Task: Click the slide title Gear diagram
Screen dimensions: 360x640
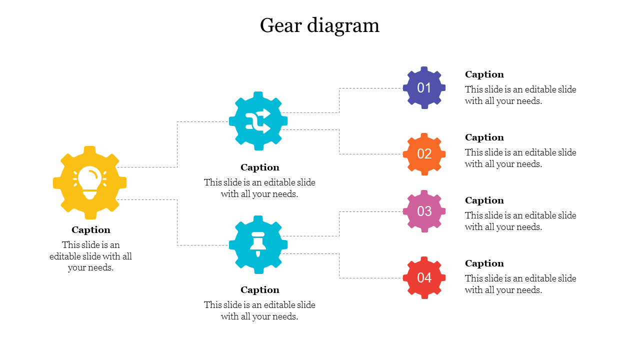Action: [x=319, y=25]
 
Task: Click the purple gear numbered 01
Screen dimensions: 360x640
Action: [x=424, y=88]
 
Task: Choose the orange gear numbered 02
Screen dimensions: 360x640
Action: [x=424, y=154]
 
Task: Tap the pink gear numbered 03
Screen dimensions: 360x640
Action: [x=424, y=211]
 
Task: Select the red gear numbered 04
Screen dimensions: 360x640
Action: [x=424, y=277]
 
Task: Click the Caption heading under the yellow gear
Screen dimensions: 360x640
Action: [x=90, y=230]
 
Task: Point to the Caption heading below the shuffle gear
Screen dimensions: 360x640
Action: [x=259, y=167]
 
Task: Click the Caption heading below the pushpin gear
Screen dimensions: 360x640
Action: [x=259, y=290]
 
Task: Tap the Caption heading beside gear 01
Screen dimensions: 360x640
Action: [x=484, y=74]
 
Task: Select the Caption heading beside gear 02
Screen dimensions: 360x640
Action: [x=484, y=137]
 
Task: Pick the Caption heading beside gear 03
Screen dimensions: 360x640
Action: [x=484, y=200]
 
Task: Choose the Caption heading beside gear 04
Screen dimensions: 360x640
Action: [x=484, y=263]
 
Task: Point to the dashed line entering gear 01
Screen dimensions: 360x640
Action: [x=370, y=88]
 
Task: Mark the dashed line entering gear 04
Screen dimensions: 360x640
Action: [x=370, y=277]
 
